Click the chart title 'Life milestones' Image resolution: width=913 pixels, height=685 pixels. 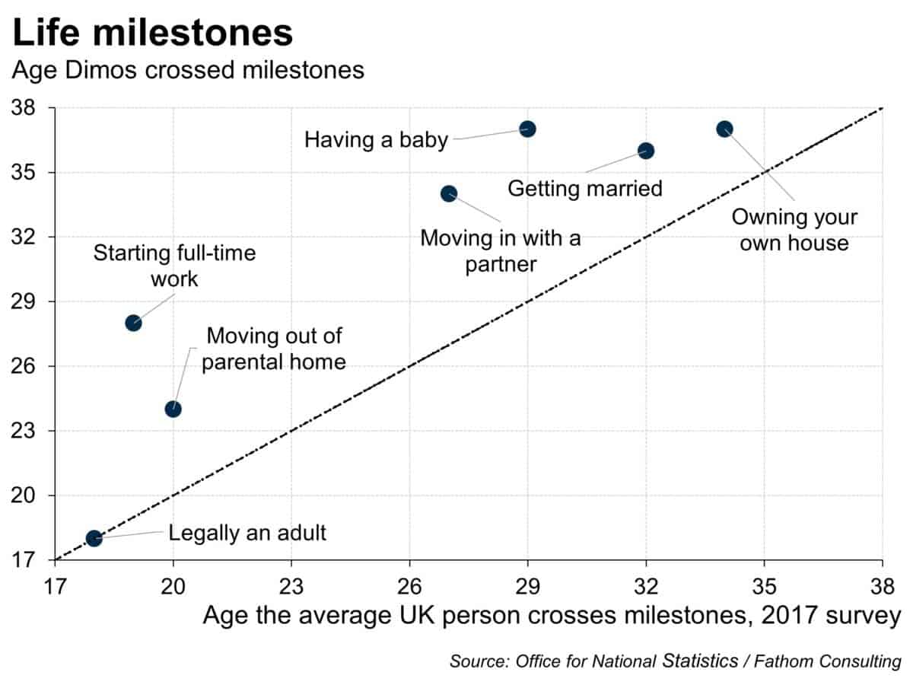coord(153,34)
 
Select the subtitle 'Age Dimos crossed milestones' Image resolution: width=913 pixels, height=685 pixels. coord(187,71)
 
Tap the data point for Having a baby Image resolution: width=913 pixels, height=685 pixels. coord(527,129)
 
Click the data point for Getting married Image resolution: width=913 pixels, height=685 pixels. coord(646,151)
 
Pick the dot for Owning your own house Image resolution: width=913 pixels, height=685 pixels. coord(724,129)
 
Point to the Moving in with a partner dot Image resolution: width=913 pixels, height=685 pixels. coord(449,193)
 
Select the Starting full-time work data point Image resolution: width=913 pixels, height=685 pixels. coord(133,323)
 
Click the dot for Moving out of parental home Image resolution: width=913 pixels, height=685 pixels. coord(173,409)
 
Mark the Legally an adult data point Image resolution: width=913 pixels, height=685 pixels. coord(94,538)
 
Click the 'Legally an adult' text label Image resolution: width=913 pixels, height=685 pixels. coord(247,533)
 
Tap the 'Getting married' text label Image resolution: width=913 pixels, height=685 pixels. coord(585,188)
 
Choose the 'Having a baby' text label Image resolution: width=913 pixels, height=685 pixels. coord(376,140)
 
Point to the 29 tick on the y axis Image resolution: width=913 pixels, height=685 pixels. coord(33,301)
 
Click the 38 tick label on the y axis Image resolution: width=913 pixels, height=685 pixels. coord(33,108)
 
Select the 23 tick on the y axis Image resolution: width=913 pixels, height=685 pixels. coord(33,431)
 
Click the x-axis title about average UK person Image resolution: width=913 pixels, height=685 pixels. coord(552,615)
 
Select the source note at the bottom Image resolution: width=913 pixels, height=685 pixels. coord(675,661)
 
